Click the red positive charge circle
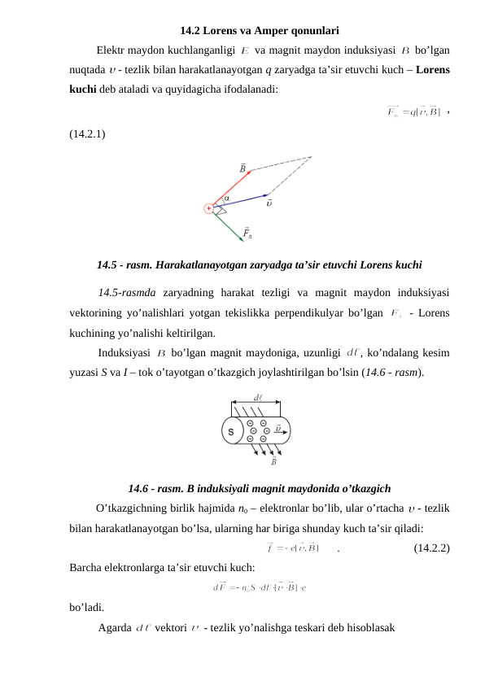pyautogui.click(x=209, y=208)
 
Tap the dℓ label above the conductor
pyautogui.click(x=257, y=398)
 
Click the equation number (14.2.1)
pyautogui.click(x=86, y=132)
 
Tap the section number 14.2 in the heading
pyautogui.click(x=191, y=33)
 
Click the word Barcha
pyautogui.click(x=85, y=567)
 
